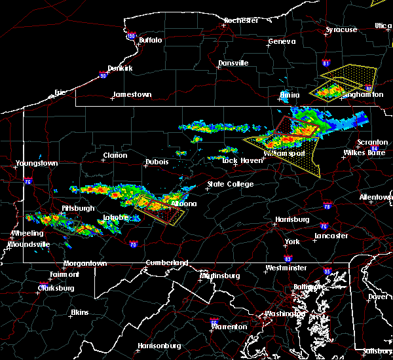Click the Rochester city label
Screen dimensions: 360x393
tap(241, 20)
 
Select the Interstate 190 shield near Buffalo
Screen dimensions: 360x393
tap(130, 36)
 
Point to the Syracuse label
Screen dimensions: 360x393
tap(342, 29)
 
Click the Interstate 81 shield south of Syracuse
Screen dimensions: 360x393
tap(326, 63)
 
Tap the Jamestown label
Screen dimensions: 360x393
tap(132, 94)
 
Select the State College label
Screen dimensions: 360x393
tap(230, 185)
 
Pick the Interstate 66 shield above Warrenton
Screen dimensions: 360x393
tap(214, 321)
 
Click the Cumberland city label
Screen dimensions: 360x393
tap(167, 262)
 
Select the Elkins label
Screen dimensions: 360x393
tap(79, 312)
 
